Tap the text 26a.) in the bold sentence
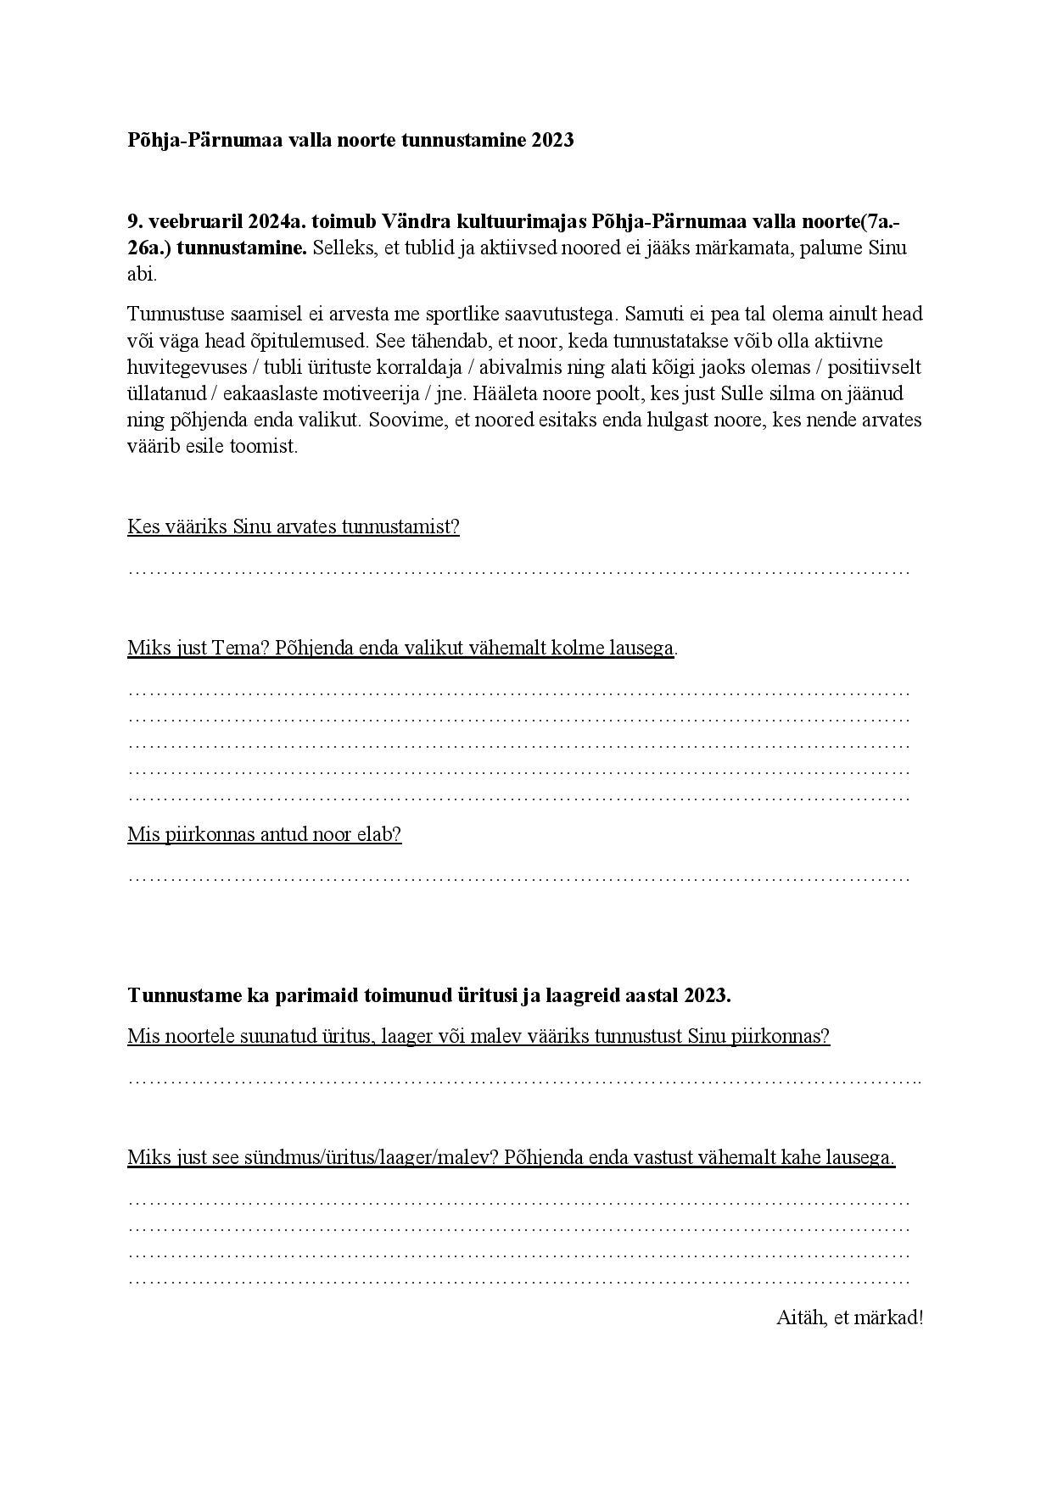[x=149, y=248]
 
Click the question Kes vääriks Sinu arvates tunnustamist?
[x=294, y=526]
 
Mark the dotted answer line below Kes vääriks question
[x=518, y=571]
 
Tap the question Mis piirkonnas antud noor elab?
[x=264, y=834]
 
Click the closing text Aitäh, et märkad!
[x=849, y=1318]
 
